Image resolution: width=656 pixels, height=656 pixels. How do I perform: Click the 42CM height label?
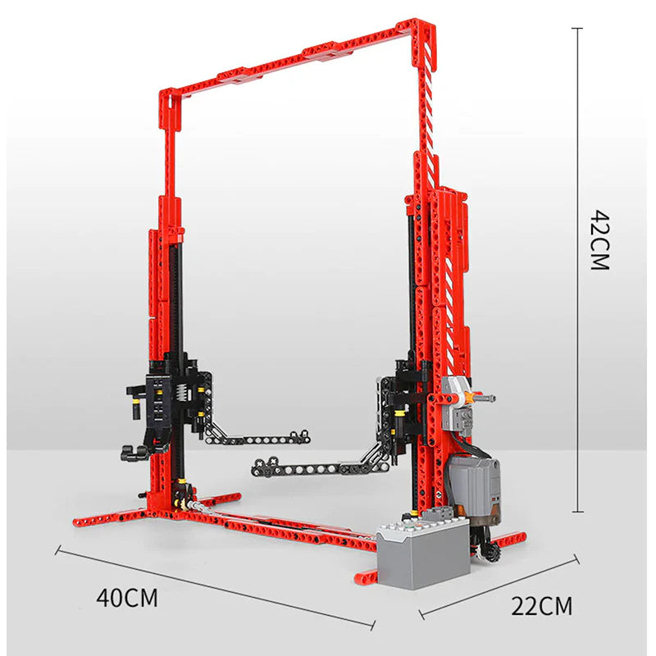coord(600,239)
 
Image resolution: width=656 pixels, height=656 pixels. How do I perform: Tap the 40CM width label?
coord(127,598)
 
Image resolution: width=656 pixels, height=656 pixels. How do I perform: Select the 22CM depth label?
coord(541,605)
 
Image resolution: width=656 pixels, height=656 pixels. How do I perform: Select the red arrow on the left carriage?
coord(156,440)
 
